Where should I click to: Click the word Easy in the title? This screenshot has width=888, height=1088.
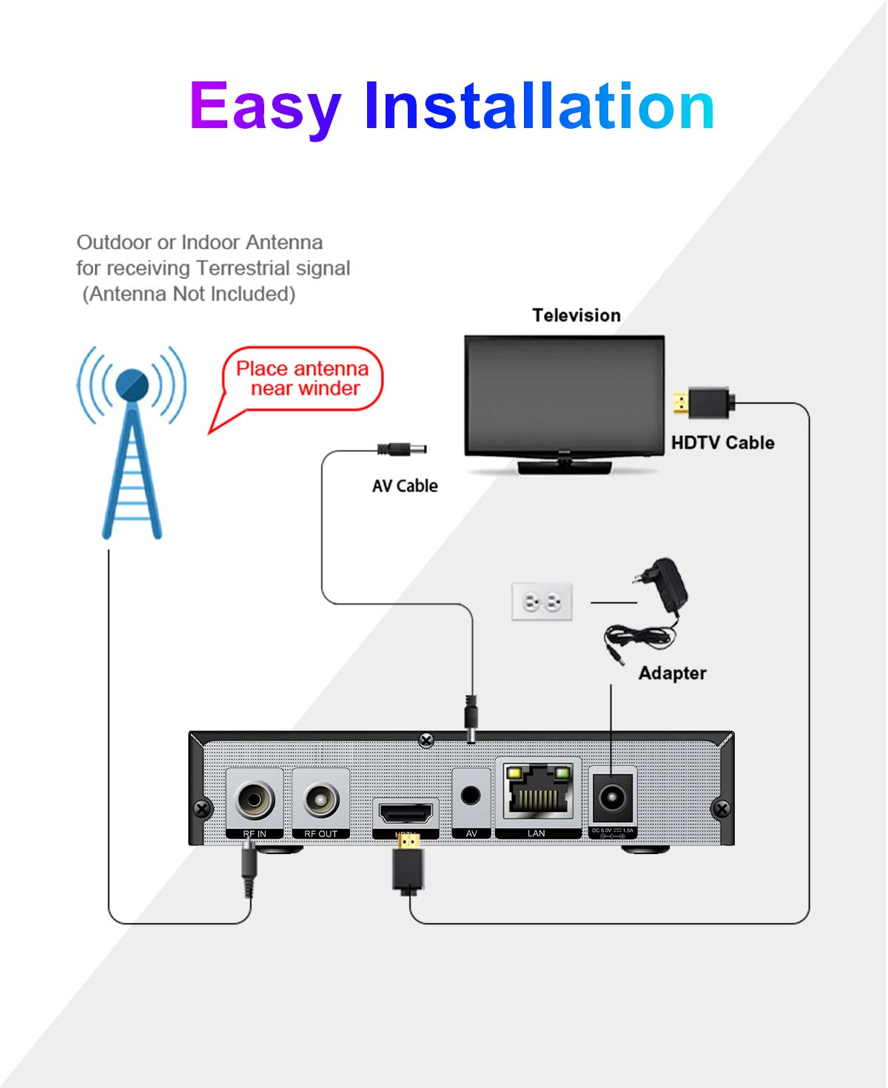click(x=265, y=107)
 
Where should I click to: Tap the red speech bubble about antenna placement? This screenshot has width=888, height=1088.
click(x=303, y=379)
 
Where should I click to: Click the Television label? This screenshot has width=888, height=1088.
click(x=576, y=315)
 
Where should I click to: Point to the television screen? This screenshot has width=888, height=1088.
click(x=564, y=394)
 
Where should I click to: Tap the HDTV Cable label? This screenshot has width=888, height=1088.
click(x=722, y=443)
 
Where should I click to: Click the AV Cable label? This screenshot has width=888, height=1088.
click(x=405, y=486)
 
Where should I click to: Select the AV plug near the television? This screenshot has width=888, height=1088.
click(x=402, y=449)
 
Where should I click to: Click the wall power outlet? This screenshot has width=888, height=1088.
click(x=542, y=602)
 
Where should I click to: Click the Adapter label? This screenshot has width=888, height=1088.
click(x=672, y=673)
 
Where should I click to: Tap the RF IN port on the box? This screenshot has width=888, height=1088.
click(x=255, y=800)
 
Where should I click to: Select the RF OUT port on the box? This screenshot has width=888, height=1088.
click(x=321, y=800)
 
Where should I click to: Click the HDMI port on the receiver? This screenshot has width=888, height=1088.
click(x=406, y=813)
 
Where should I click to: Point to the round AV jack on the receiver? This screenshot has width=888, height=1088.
click(x=471, y=796)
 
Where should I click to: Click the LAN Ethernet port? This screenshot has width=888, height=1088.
click(x=538, y=792)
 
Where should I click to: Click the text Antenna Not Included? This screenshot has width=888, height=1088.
click(x=189, y=294)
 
